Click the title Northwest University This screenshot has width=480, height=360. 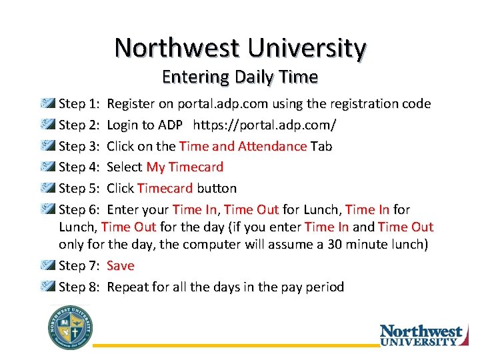pyautogui.click(x=240, y=48)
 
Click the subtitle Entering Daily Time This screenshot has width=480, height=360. pyautogui.click(x=240, y=77)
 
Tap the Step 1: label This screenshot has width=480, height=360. pyautogui.click(x=79, y=104)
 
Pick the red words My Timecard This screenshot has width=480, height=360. pyautogui.click(x=185, y=167)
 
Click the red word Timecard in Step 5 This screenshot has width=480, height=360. pyautogui.click(x=165, y=188)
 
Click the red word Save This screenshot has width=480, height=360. pyautogui.click(x=120, y=266)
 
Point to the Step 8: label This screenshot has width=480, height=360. pyautogui.click(x=79, y=287)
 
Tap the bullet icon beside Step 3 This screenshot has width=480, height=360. pyautogui.click(x=49, y=146)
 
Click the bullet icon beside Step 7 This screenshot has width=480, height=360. pyautogui.click(x=49, y=266)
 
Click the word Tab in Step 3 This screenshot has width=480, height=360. pyautogui.click(x=321, y=146)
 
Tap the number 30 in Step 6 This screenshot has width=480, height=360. pyautogui.click(x=335, y=245)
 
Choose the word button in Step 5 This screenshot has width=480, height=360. pyautogui.click(x=216, y=188)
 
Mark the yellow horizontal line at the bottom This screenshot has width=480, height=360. pyautogui.click(x=233, y=345)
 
